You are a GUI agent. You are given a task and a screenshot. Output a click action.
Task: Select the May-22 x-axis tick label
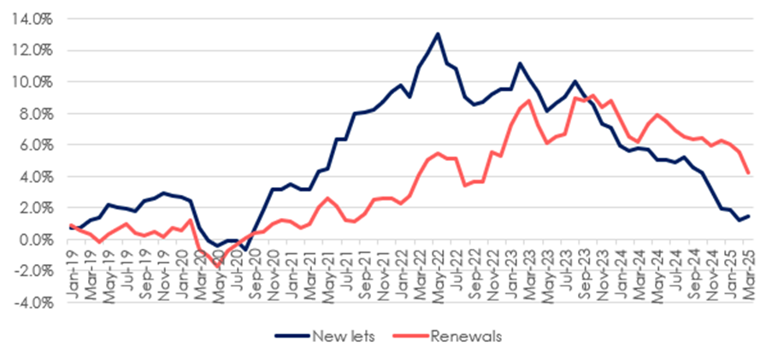438,265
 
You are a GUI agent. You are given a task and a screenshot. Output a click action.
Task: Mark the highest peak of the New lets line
438,34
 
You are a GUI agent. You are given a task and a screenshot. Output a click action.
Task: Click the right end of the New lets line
749,215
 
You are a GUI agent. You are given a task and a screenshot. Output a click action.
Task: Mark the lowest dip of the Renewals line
217,266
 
